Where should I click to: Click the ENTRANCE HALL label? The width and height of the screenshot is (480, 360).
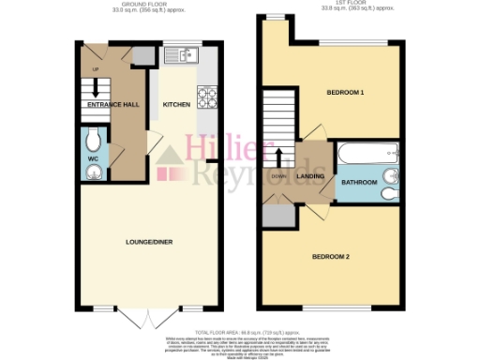coord(113,105)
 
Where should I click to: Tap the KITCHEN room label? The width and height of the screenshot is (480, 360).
coord(177,105)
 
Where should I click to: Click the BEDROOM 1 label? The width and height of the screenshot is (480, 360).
coord(345,93)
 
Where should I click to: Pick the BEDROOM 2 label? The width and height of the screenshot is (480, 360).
coord(331,256)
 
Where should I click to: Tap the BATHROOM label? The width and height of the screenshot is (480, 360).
coord(359,182)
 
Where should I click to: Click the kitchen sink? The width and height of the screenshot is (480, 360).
coord(176,57)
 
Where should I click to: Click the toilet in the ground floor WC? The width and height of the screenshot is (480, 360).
coord(92,141)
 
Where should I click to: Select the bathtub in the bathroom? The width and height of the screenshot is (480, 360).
coord(367,154)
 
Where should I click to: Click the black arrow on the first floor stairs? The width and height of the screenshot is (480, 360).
coord(278,155)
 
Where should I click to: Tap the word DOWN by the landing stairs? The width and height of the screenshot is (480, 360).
coord(277,176)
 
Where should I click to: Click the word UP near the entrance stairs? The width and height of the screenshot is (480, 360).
coord(95,69)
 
